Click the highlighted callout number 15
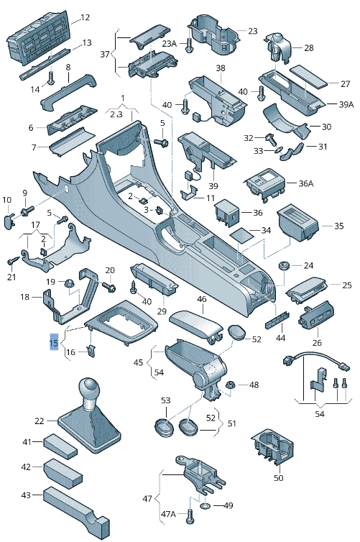[53, 344]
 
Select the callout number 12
[85, 17]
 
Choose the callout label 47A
[168, 514]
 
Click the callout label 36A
[305, 183]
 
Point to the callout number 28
[308, 47]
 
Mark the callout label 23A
[168, 43]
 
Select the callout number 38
[221, 68]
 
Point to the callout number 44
[281, 338]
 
